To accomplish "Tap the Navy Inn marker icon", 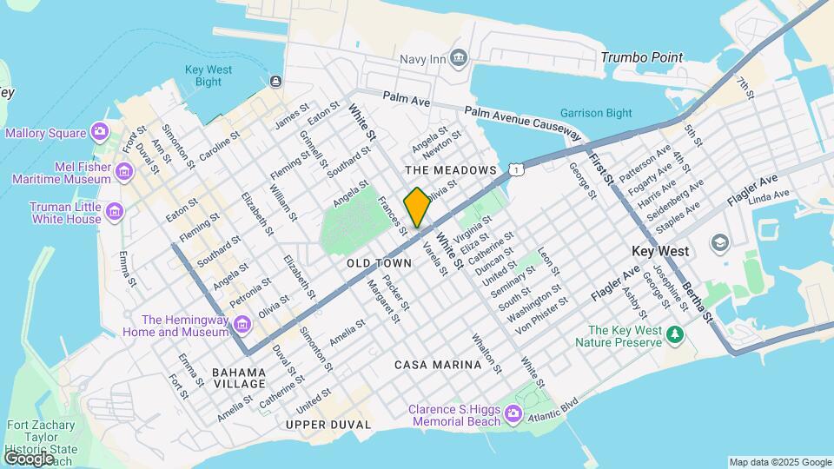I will [459, 58].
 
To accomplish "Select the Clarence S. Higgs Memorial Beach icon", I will [513, 414].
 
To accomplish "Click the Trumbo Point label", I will [641, 57].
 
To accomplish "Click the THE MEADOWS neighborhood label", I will [450, 169].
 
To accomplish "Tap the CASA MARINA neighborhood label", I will [438, 365].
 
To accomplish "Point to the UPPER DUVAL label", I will [328, 425].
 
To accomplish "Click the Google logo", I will [29, 458].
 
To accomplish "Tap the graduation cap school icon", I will [718, 242].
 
